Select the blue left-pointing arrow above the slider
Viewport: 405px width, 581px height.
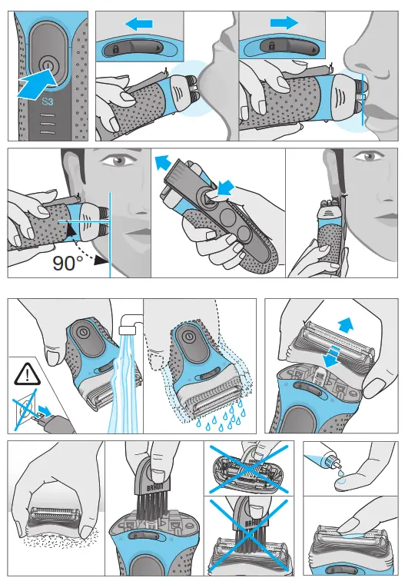click(x=139, y=25)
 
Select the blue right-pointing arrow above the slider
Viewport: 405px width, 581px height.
click(x=284, y=24)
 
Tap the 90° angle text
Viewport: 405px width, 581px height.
click(x=68, y=264)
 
